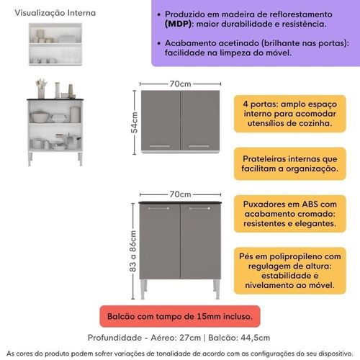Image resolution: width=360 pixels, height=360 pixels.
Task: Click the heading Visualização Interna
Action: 55,13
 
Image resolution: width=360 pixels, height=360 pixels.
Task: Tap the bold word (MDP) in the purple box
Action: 179,24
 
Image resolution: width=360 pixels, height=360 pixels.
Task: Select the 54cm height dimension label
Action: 134,122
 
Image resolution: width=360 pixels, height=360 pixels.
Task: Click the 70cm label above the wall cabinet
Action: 180,84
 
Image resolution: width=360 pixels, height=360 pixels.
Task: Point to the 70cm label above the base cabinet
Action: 180,194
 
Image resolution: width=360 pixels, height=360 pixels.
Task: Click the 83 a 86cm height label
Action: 132,251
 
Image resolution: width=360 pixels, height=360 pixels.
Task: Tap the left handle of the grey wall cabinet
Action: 160,146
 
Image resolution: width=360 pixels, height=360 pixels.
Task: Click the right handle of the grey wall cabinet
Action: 199,146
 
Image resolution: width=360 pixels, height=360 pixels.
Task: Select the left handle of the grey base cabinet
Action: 158,209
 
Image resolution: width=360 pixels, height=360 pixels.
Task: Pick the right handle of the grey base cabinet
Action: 199,209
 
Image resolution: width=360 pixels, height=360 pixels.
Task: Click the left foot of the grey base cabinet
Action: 143,289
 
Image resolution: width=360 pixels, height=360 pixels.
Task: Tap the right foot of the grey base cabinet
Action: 217,289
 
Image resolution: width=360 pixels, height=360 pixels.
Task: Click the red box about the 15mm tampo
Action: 180,316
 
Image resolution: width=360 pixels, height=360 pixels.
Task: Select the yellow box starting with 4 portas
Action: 290,114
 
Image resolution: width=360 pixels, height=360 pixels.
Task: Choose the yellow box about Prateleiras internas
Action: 290,163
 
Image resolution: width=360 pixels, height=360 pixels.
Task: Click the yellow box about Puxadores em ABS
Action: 290,214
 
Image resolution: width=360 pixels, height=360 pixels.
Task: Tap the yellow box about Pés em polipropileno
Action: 290,271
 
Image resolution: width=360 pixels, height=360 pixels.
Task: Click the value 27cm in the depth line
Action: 190,338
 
